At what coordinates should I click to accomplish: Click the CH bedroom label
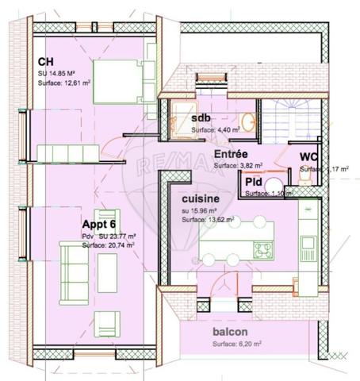click(x=45, y=62)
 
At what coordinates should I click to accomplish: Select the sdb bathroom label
click(x=201, y=118)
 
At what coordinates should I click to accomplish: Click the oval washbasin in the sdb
click(x=247, y=121)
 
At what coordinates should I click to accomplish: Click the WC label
click(x=309, y=156)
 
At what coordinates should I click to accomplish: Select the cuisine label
click(x=201, y=198)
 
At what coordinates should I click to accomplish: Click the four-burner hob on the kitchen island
click(x=262, y=249)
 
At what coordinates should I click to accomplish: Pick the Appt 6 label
click(x=99, y=225)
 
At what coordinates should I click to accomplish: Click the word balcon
click(x=230, y=332)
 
